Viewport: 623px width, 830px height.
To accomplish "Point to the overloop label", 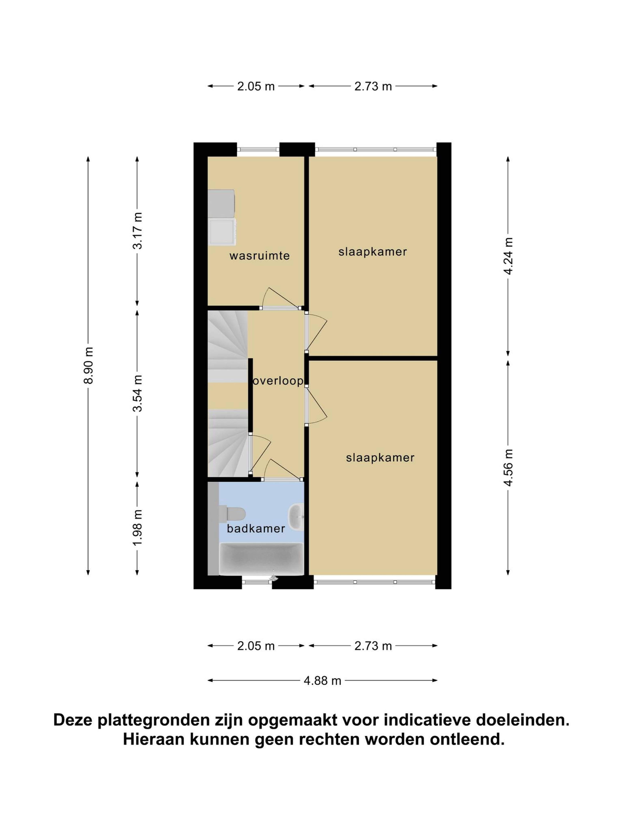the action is (x=278, y=381).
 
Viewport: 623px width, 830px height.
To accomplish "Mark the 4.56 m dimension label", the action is (x=508, y=468).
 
